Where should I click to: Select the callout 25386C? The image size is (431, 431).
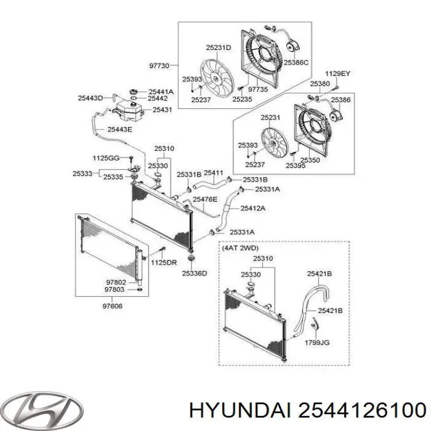point(296,62)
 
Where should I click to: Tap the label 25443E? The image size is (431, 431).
point(120,129)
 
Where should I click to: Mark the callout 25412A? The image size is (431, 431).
point(253,208)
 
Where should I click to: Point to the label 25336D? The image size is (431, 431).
point(195,273)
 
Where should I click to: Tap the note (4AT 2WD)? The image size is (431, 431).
point(240,247)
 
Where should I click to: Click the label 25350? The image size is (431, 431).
point(309,160)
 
